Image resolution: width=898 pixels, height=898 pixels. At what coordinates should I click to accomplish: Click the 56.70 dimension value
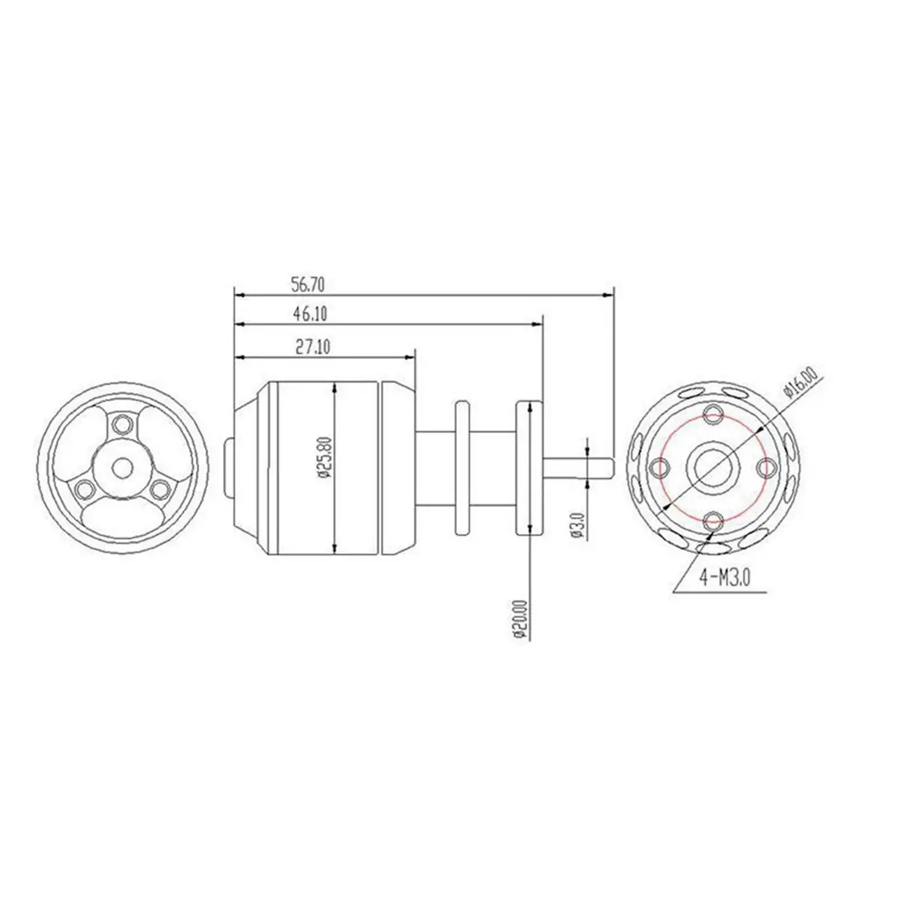(307, 285)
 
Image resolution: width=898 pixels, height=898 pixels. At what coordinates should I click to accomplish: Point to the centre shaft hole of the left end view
(120, 467)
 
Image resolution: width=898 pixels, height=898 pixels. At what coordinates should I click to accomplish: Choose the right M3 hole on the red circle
(765, 468)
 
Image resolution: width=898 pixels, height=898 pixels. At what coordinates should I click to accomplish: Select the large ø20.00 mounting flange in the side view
(528, 468)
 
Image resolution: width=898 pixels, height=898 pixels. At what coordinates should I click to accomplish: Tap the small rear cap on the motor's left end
(230, 468)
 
